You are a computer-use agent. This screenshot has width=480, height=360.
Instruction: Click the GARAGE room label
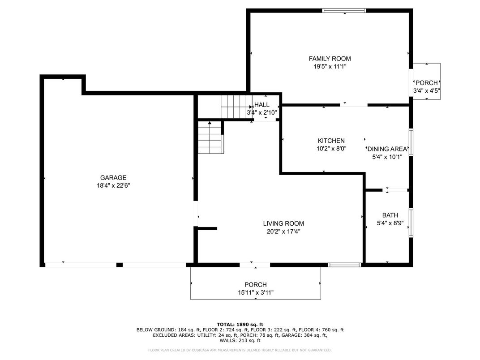pyautogui.click(x=113, y=178)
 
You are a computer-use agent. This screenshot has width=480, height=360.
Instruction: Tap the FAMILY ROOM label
pyautogui.click(x=330, y=59)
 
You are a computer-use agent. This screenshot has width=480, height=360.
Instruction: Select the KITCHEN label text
pyautogui.click(x=331, y=141)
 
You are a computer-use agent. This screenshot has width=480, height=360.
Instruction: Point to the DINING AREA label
pyautogui.click(x=387, y=149)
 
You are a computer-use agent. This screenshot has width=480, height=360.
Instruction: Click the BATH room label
pyautogui.click(x=390, y=215)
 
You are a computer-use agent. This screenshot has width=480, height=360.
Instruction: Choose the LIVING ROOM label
pyautogui.click(x=283, y=223)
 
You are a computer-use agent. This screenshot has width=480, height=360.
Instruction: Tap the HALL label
pyautogui.click(x=262, y=105)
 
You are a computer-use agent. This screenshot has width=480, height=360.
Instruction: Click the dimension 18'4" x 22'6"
pyautogui.click(x=114, y=185)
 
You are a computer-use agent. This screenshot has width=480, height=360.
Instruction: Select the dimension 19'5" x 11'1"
pyautogui.click(x=330, y=66)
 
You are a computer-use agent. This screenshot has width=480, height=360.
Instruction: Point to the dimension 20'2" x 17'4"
pyautogui.click(x=283, y=232)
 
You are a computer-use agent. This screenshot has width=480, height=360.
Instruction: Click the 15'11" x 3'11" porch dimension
pyautogui.click(x=256, y=293)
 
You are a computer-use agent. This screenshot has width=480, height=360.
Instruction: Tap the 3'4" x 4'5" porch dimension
pyautogui.click(x=427, y=90)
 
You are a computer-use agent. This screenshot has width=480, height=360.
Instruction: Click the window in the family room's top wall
pyautogui.click(x=344, y=11)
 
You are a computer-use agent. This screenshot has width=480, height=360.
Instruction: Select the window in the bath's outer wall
pyautogui.click(x=411, y=223)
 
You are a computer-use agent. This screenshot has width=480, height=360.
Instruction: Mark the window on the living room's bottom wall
pyautogui.click(x=345, y=265)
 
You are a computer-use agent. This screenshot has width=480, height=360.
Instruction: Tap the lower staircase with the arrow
pyautogui.click(x=210, y=137)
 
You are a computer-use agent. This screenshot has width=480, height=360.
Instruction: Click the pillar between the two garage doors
pyautogui.click(x=120, y=265)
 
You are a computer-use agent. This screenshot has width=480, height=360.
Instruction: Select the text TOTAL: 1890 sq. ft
pyautogui.click(x=240, y=325)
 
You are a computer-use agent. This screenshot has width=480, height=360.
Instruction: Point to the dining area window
pyautogui.click(x=411, y=143)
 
